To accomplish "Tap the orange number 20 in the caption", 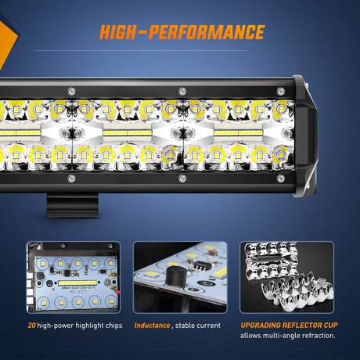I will click(x=31, y=324).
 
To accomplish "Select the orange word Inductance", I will click(x=152, y=324).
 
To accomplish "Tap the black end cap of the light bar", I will click(x=305, y=134).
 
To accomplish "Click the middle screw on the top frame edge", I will click(x=182, y=90).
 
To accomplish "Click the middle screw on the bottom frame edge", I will click(x=182, y=178).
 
